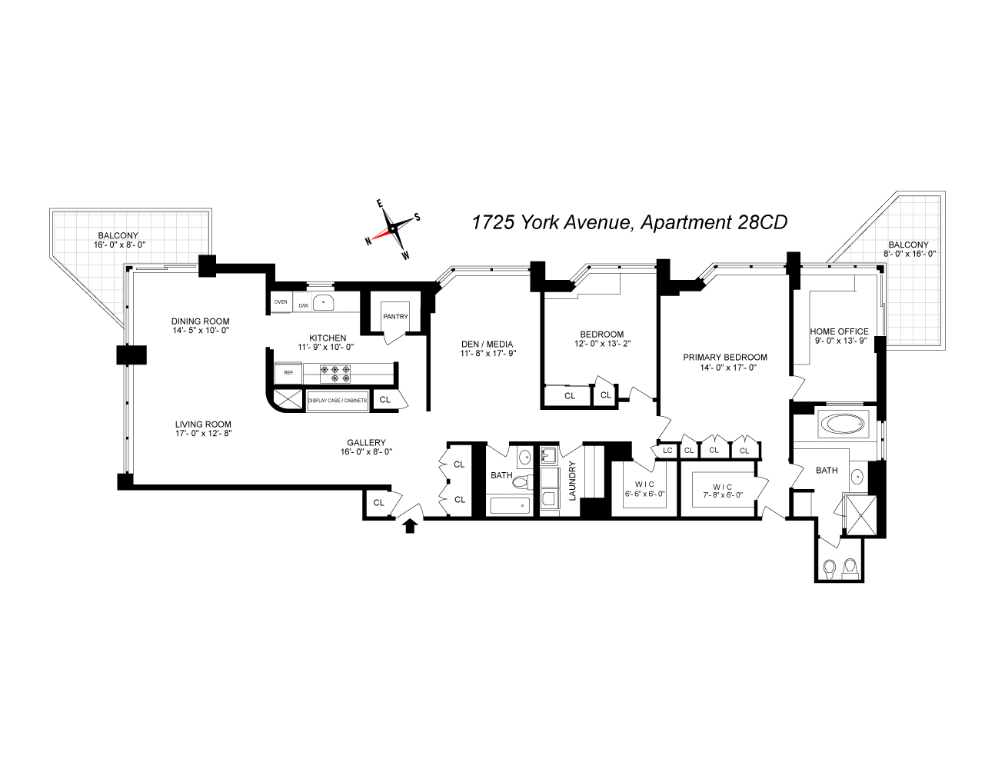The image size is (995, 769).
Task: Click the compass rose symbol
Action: (x=392, y=228)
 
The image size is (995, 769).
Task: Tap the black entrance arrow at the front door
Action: (x=410, y=525)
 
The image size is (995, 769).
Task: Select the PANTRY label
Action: (x=395, y=317)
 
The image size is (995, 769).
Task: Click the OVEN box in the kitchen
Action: (x=281, y=302)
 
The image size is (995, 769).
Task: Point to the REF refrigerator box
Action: (x=288, y=373)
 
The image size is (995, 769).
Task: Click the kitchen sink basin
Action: (x=324, y=303)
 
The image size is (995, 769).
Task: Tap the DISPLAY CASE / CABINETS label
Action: (x=337, y=401)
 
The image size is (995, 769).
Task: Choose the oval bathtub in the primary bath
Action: (x=844, y=424)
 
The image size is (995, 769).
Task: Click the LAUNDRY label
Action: (x=572, y=481)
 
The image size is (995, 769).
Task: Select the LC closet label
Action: (x=667, y=451)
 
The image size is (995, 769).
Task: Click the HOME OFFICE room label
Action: (x=839, y=331)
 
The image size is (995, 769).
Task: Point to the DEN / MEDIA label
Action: (x=486, y=345)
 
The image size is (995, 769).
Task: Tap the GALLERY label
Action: (x=366, y=443)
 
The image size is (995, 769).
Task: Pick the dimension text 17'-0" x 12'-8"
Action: (x=203, y=434)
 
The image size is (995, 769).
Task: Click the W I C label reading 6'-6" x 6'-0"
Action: (x=644, y=490)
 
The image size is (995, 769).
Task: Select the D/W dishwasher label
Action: (x=303, y=306)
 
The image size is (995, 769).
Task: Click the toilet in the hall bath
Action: (x=523, y=481)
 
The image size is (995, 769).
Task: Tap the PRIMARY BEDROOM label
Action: (x=724, y=358)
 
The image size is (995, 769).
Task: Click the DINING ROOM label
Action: (x=200, y=321)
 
